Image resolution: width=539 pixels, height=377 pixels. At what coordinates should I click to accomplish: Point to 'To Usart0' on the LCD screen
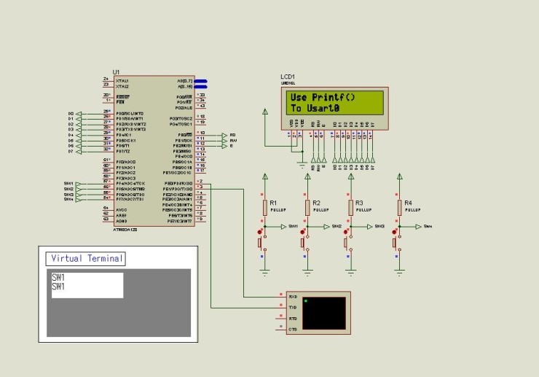(x=315, y=108)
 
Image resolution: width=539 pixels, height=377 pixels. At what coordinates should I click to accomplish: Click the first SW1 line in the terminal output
(x=58, y=278)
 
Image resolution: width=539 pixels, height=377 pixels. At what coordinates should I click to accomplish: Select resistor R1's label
(x=273, y=202)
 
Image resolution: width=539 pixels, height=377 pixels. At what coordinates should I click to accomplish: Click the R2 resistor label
(x=316, y=202)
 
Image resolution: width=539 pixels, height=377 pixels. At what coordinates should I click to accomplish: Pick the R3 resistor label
(x=358, y=202)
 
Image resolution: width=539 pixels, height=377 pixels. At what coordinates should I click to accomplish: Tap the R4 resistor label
(x=408, y=202)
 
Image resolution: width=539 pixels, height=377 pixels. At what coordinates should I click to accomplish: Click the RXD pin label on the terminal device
(x=292, y=298)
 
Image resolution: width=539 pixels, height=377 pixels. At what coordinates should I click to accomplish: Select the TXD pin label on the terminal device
(x=292, y=308)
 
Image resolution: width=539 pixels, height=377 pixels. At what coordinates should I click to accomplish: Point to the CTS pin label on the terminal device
(x=292, y=330)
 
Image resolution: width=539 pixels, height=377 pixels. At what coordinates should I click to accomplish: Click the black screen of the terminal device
(x=325, y=313)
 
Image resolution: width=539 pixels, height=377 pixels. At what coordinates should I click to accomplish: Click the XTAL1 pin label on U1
(x=121, y=80)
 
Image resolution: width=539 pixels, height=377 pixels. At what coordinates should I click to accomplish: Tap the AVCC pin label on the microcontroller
(x=121, y=209)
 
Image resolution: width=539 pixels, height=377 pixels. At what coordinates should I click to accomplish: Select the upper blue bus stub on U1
(x=200, y=81)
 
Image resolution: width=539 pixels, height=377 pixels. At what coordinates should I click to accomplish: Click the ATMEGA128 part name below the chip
(x=125, y=228)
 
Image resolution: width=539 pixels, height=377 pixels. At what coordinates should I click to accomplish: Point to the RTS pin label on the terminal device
(x=292, y=319)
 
